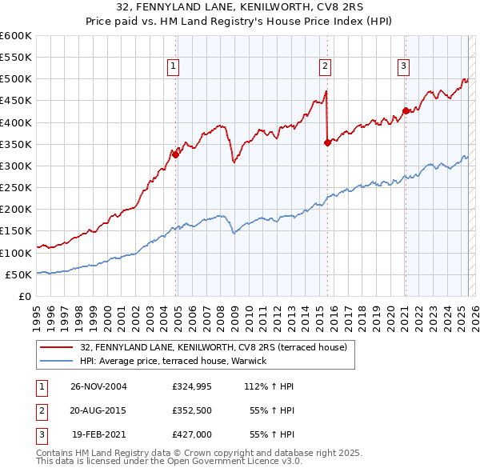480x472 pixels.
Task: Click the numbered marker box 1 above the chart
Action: coord(173,67)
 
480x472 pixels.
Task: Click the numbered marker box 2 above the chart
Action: coord(326,67)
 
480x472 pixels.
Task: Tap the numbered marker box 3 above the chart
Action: coord(404,67)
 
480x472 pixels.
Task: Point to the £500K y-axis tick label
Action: coord(16,79)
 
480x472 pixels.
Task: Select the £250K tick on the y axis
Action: coord(16,187)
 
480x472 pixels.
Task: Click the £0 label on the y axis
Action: coord(23,296)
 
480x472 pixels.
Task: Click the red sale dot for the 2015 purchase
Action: coord(327,143)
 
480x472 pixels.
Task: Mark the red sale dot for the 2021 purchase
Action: coord(406,110)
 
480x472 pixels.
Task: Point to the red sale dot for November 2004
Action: coord(176,155)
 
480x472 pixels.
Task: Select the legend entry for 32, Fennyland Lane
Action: coord(213,347)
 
